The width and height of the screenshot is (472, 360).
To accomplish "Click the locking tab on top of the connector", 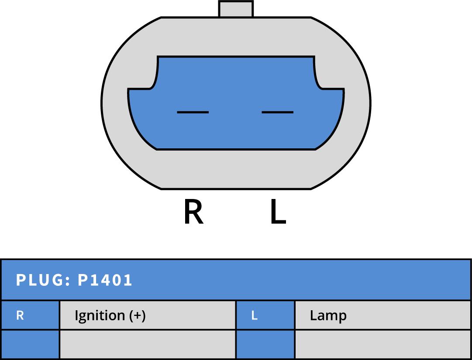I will pos(236,9).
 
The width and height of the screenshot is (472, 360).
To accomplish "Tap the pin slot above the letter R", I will pos(193,112).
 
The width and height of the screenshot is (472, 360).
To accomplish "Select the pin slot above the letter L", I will pos(277,112).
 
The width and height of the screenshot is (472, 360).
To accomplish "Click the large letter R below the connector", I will pos(193,213).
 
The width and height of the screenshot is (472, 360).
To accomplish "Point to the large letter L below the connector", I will pos(278,213).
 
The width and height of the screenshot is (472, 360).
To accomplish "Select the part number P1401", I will pos(105,280).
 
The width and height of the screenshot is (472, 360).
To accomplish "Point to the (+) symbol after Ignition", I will pos(138,315).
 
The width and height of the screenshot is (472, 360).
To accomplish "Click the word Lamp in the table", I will pos(328,315).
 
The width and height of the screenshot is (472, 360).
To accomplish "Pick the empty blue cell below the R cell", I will pos(30,344).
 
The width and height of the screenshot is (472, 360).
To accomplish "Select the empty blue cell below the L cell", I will pos(265,344).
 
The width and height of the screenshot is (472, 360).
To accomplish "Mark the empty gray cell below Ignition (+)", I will pos(147,344).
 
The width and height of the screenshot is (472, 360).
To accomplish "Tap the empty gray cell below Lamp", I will pos(382,344).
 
